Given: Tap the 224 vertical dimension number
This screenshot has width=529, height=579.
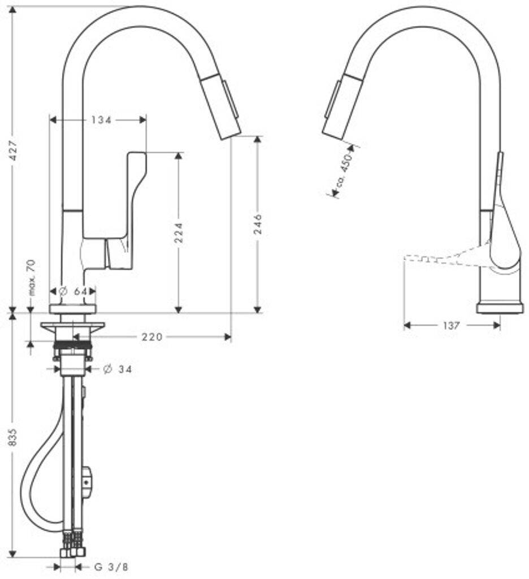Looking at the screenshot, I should point(179,232).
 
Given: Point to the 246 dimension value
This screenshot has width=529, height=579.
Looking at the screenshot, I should point(258,223).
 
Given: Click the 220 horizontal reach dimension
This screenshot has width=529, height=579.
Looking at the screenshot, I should point(151,337).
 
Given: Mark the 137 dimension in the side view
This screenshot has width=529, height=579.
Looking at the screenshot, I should point(451,325).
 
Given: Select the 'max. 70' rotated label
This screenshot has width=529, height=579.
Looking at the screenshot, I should point(32,277).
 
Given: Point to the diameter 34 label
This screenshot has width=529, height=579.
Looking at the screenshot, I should point(118,369).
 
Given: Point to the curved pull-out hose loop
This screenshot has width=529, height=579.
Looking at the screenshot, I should point(34,481).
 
